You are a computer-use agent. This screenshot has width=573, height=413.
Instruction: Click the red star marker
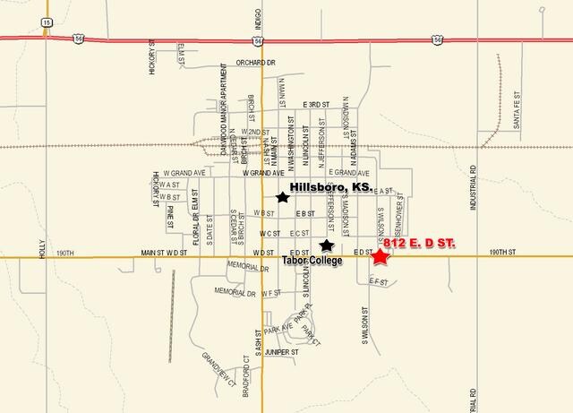381,257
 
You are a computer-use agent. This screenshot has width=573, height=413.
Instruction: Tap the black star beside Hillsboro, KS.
283,197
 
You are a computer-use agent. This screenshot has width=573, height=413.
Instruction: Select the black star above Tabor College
327,245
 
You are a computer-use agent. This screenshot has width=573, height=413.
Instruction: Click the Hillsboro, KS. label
331,186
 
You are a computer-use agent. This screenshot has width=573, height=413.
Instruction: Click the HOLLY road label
41,247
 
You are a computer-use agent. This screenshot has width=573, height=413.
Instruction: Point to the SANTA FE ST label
517,115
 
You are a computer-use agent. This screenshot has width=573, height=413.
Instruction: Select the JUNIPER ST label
280,352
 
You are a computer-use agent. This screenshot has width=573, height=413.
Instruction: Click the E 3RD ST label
318,104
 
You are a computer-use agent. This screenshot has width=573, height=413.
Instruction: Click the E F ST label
379,280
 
